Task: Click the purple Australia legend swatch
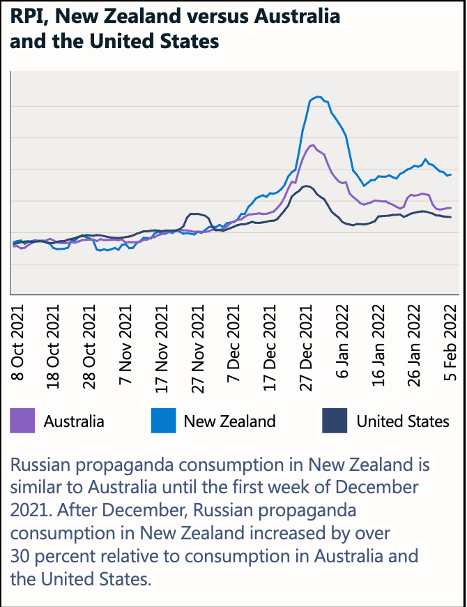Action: (22, 421)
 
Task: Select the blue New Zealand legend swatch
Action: (162, 421)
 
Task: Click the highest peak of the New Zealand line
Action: (318, 96)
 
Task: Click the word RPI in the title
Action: (26, 16)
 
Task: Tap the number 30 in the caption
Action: (22, 556)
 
